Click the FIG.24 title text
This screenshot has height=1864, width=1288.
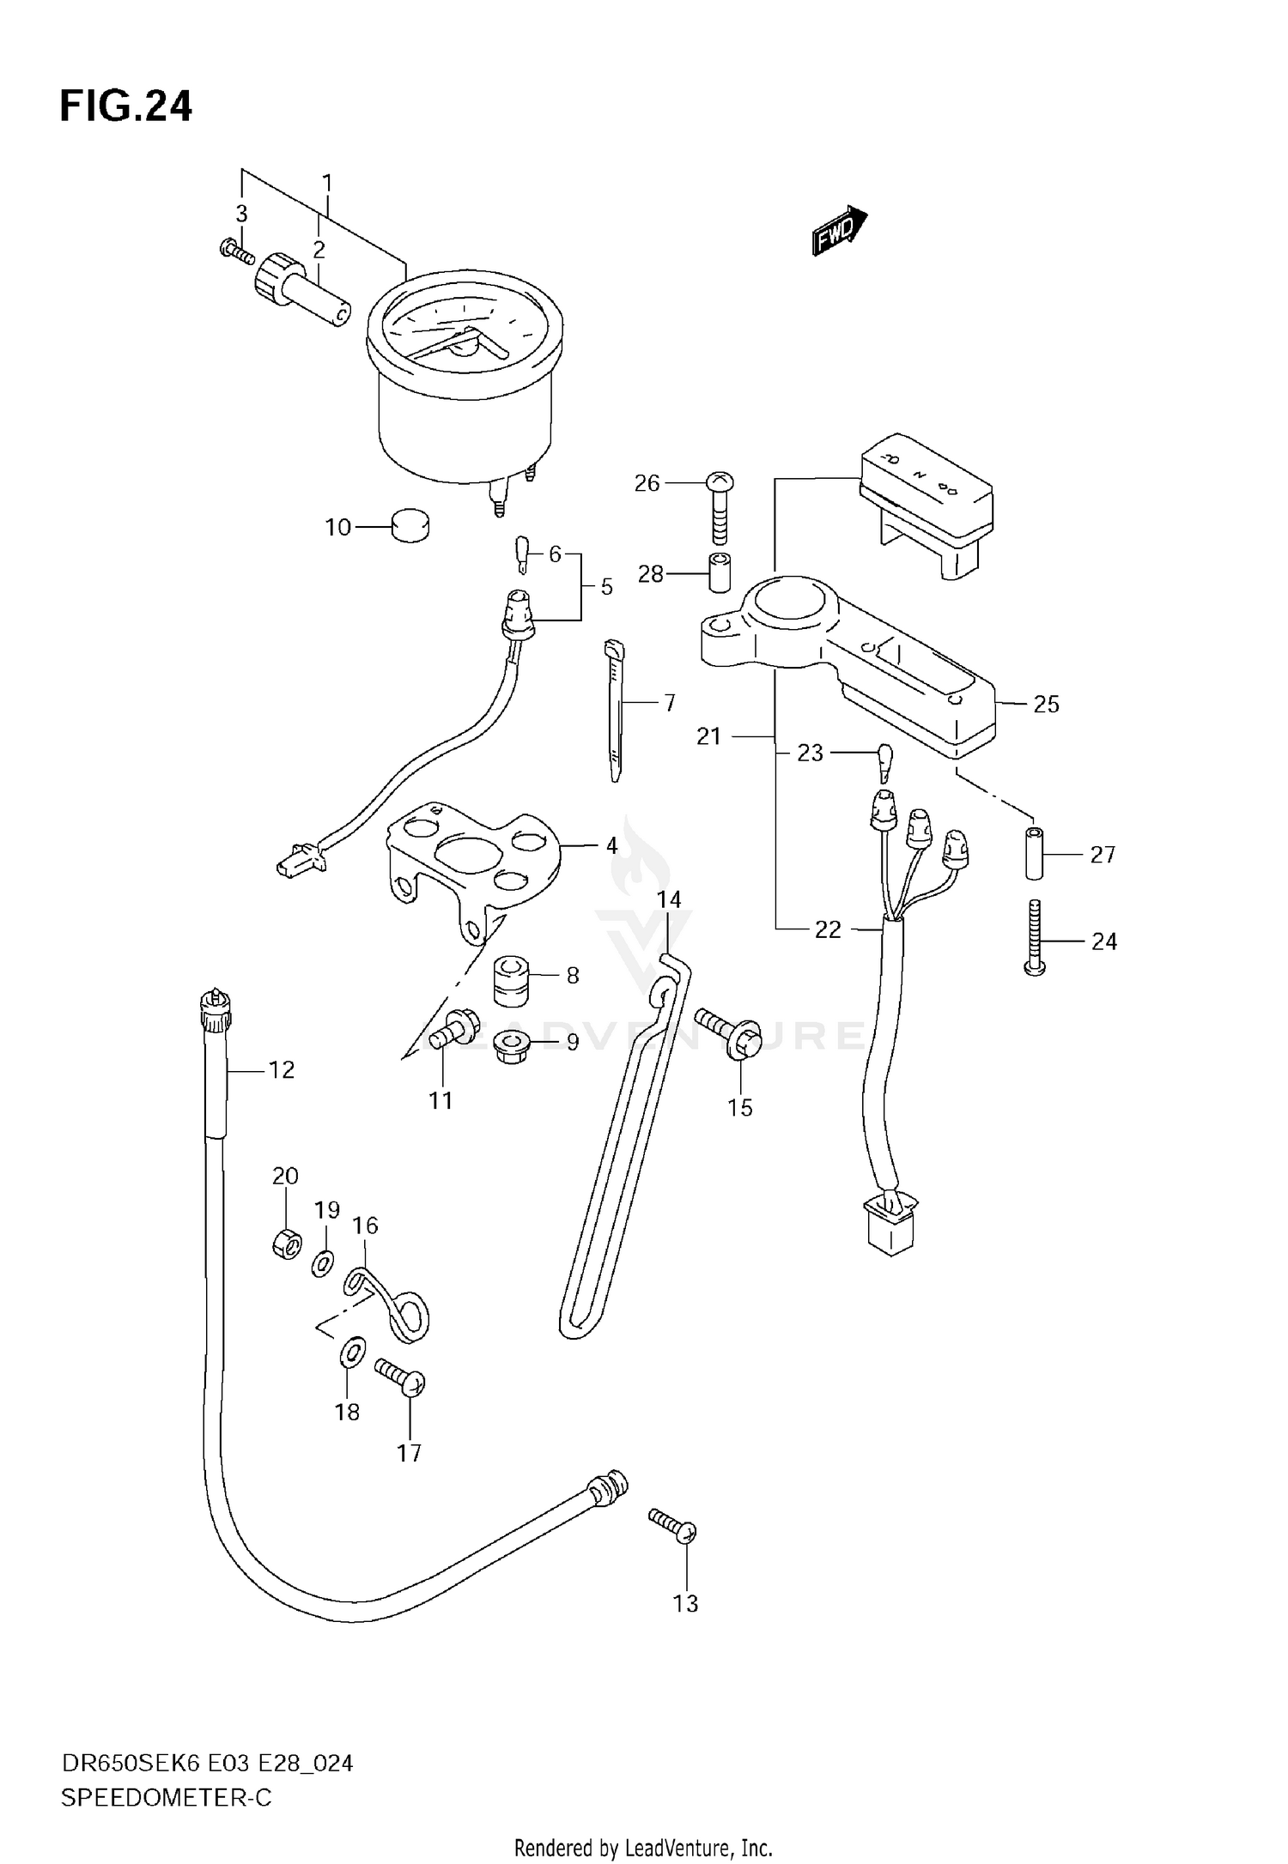[126, 106]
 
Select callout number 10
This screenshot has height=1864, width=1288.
[338, 527]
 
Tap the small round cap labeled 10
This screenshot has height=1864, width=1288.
[410, 525]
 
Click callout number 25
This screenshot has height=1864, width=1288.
[1046, 704]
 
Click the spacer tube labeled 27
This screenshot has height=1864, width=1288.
[1036, 853]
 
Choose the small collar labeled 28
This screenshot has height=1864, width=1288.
[719, 573]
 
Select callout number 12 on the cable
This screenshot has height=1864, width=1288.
[281, 1069]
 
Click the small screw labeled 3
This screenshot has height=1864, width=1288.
[236, 251]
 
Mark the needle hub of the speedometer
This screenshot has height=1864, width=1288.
[464, 345]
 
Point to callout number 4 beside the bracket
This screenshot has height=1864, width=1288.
[611, 845]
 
